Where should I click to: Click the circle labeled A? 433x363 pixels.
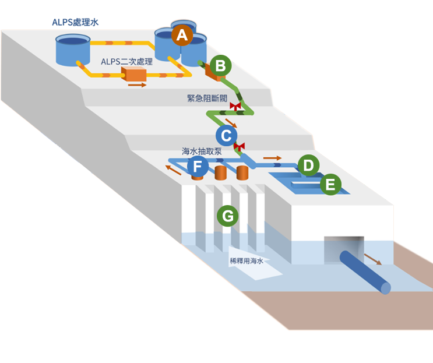pyautogui.click(x=182, y=36)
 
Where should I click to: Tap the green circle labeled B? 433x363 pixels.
pyautogui.click(x=220, y=66)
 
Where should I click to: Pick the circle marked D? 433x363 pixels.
pyautogui.click(x=308, y=165)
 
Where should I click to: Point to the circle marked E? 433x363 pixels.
pyautogui.click(x=330, y=185)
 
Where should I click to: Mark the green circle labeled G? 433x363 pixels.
pyautogui.click(x=227, y=216)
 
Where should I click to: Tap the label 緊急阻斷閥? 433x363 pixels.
pyautogui.click(x=206, y=98)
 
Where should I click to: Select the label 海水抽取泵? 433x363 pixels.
pyautogui.click(x=202, y=151)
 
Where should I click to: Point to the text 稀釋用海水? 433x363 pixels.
pyautogui.click(x=247, y=261)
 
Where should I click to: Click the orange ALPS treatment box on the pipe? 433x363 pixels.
pyautogui.click(x=133, y=74)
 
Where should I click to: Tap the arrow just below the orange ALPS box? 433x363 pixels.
pyautogui.click(x=137, y=85)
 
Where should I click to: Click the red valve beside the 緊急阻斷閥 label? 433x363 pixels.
pyautogui.click(x=235, y=106)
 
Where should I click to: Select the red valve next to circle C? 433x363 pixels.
pyautogui.click(x=239, y=146)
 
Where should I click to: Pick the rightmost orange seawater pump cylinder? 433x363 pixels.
pyautogui.click(x=241, y=172)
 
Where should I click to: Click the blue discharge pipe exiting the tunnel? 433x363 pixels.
pyautogui.click(x=365, y=272)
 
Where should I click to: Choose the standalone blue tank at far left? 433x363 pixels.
pyautogui.click(x=73, y=50)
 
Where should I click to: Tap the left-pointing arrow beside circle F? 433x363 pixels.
pyautogui.click(x=173, y=170)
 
